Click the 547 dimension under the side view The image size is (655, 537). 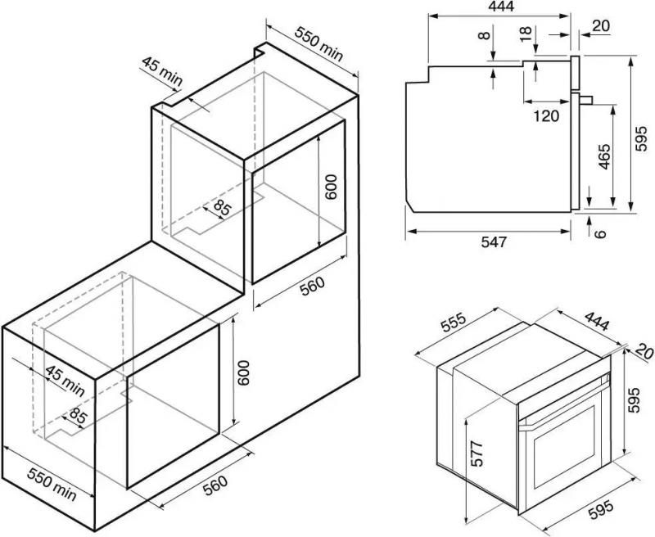click(494, 242)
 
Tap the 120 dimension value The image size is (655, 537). click(545, 115)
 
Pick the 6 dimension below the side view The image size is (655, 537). click(601, 233)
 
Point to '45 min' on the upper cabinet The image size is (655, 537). click(160, 72)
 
